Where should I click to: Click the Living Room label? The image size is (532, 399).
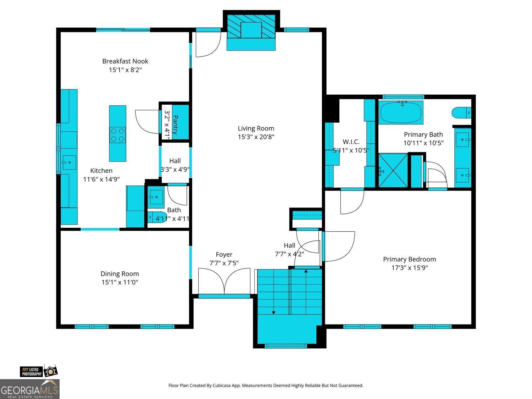pos(256,128)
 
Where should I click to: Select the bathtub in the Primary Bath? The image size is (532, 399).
pos(401,112)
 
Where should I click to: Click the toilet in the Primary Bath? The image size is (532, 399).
pos(461,113)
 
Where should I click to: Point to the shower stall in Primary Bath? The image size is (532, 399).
pos(393,170)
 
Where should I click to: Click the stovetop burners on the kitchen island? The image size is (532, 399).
pos(117,135)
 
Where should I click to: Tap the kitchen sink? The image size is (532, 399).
pos(69,163)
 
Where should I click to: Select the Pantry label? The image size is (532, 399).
pos(175,122)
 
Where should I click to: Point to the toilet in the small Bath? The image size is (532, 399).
pos(155,217)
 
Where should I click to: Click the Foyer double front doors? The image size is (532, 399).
pos(224,282)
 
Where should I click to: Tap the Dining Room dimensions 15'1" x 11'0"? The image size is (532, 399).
pos(120,282)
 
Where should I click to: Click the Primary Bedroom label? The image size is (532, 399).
pos(409,259)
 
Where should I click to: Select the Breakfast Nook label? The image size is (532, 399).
pos(125,61)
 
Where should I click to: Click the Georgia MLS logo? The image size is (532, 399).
pos(29,389)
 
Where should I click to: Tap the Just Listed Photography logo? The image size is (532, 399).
pos(38,371)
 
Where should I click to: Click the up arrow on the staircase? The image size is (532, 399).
pos(306,271)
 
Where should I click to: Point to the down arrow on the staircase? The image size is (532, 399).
pos(273,312)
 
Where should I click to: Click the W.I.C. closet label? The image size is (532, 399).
pos(351,142)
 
